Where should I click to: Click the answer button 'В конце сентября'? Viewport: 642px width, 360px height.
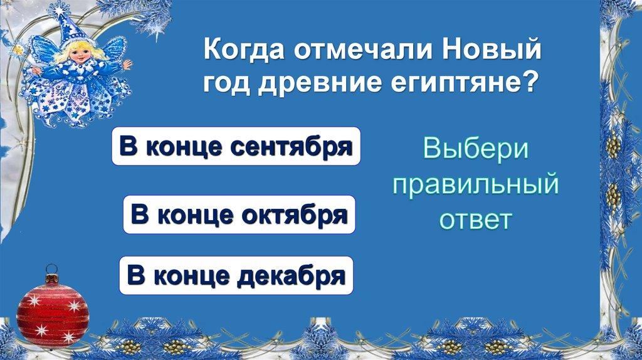[236, 146]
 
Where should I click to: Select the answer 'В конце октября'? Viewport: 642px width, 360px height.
[239, 214]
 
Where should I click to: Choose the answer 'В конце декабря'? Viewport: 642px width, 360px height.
[236, 275]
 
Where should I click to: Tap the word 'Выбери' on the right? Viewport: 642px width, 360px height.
[476, 151]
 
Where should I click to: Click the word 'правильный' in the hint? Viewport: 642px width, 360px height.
[475, 185]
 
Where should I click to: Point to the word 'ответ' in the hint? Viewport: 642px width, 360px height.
[475, 220]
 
